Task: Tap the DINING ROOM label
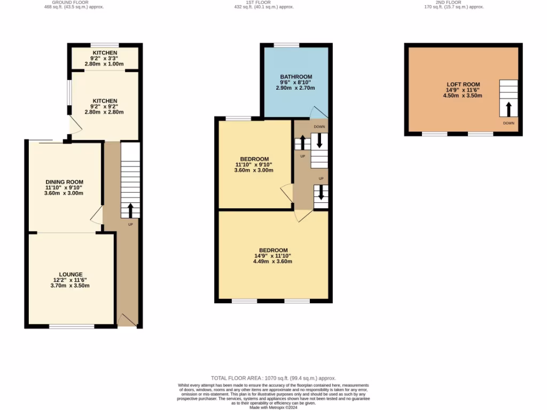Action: [64, 182]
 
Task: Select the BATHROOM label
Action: [296, 77]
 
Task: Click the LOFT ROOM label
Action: [463, 84]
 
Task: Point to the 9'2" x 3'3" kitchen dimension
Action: [105, 58]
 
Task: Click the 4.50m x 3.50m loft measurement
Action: [463, 96]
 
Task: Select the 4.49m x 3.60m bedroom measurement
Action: [273, 262]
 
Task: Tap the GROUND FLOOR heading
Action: [74, 2]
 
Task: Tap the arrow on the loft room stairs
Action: [508, 109]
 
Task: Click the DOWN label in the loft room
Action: [509, 123]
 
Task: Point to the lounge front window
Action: [72, 326]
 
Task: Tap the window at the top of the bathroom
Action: [287, 45]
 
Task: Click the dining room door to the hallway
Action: [97, 216]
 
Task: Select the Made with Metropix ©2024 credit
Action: [273, 408]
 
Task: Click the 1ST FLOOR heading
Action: [264, 2]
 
